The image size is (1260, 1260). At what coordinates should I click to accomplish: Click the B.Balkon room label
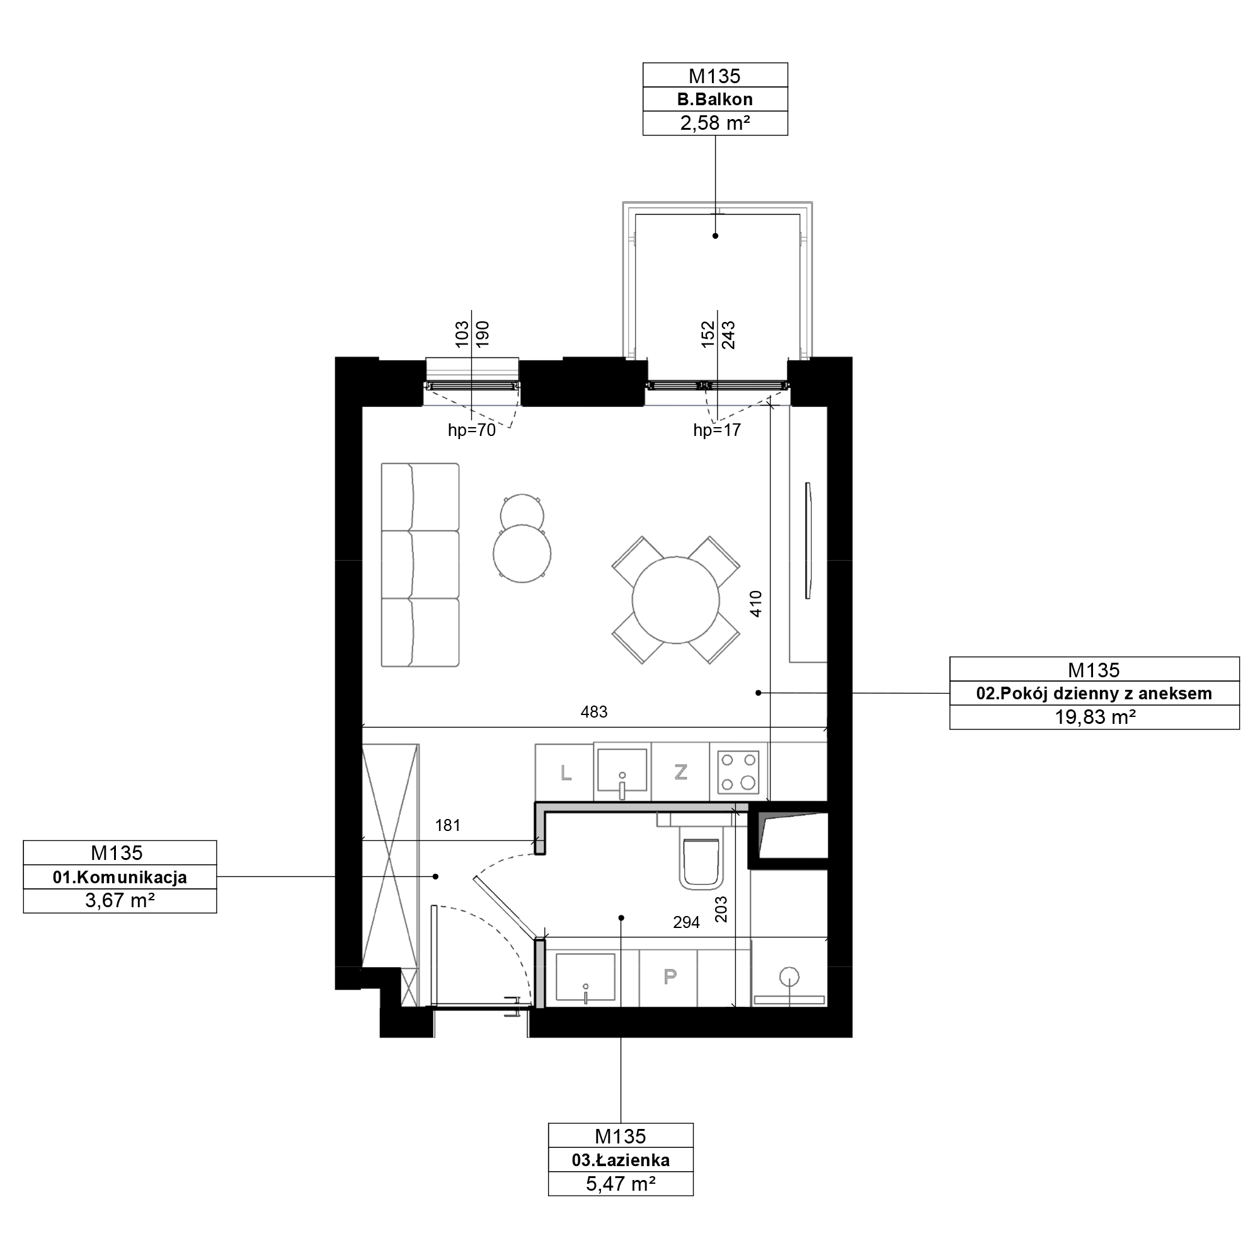[x=715, y=100]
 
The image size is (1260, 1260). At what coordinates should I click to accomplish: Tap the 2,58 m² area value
[x=715, y=123]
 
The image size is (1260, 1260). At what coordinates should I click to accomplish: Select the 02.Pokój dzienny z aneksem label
[x=1094, y=693]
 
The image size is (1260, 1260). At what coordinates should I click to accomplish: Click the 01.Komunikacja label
[x=120, y=877]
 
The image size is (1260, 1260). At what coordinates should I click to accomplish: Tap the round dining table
[x=675, y=600]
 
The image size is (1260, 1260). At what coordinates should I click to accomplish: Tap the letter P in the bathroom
[x=670, y=976]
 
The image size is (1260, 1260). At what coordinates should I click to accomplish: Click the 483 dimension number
[x=594, y=711]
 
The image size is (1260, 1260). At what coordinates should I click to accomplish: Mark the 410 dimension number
[x=756, y=604]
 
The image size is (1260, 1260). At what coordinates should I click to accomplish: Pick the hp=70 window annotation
[x=471, y=430]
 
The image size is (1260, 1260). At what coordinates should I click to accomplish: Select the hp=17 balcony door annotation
[x=718, y=430]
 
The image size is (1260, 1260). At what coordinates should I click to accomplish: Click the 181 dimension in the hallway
[x=448, y=826]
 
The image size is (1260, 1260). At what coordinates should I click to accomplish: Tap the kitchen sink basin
[x=623, y=773]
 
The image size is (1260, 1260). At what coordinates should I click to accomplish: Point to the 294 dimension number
[x=686, y=922]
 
